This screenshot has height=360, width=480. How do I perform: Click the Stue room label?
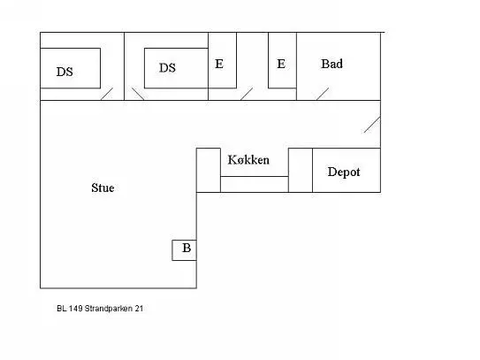click(x=103, y=188)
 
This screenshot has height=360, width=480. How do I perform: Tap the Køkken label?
click(x=248, y=159)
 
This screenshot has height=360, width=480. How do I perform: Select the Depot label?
click(x=344, y=172)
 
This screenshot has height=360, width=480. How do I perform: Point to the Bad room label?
click(x=331, y=64)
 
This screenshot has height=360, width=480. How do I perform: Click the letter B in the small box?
click(x=187, y=248)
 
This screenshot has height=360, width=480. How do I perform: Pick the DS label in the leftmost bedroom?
click(x=65, y=72)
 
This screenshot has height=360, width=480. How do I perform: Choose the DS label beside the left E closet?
click(x=167, y=68)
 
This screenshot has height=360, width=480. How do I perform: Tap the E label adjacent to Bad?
click(x=281, y=64)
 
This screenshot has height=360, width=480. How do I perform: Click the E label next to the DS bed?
click(x=219, y=64)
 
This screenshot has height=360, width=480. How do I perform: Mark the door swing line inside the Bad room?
click(x=323, y=94)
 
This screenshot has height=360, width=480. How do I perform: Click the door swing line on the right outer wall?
click(x=372, y=125)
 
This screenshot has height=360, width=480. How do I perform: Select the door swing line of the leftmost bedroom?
click(x=107, y=94)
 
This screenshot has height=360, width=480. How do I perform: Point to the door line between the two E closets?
click(x=247, y=94)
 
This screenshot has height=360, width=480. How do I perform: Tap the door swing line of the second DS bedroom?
click(x=138, y=94)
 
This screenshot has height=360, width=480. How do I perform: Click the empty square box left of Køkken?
click(x=209, y=171)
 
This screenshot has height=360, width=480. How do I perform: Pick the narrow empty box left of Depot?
click(x=301, y=171)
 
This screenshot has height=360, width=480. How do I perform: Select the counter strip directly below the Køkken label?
click(x=255, y=185)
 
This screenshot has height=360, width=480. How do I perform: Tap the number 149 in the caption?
click(x=75, y=309)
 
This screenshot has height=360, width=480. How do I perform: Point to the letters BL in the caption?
click(x=62, y=309)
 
